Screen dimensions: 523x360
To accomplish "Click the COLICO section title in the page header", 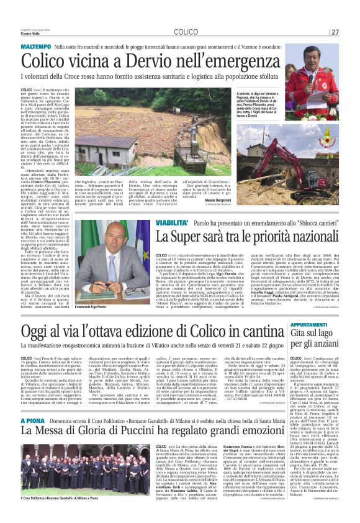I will (x=186, y=32).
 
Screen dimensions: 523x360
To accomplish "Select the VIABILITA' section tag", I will (x=156, y=222).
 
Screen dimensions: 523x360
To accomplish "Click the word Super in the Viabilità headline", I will (x=189, y=237).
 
